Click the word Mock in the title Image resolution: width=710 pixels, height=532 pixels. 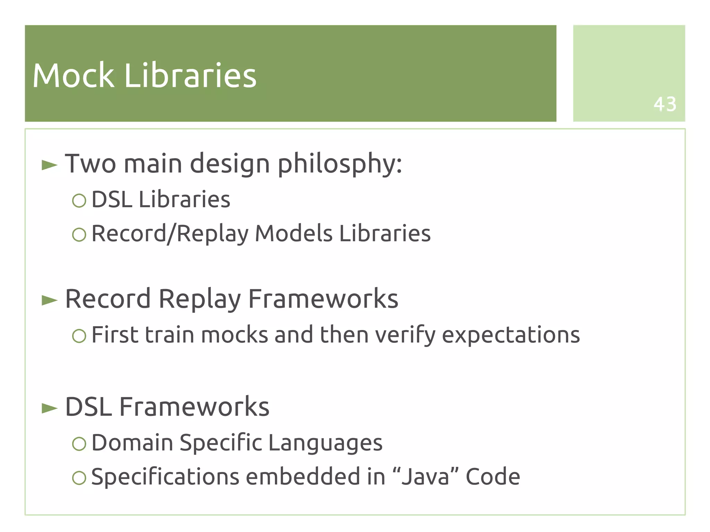coord(73,76)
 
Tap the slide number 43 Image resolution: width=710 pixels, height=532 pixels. coord(665,104)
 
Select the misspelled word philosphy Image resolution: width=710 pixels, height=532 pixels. coord(340,164)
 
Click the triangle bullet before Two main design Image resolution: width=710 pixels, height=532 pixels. coord(49,165)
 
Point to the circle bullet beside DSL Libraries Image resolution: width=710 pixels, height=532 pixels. coord(79,200)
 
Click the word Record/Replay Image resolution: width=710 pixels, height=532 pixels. coord(170,234)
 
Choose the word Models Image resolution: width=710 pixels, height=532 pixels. coord(294,233)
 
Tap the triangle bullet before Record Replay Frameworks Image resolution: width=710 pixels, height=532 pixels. coord(49,300)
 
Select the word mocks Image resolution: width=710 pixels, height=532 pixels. coord(235,335)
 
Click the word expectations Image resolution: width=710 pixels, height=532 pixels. coord(511,335)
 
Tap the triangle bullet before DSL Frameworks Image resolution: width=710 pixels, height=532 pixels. coord(49,408)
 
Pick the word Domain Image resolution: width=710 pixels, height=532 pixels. coord(132,443)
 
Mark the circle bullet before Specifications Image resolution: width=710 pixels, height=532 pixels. coord(79,478)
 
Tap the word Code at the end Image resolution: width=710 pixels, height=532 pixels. coord(493,477)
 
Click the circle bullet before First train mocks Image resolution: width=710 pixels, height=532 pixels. coord(79,336)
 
